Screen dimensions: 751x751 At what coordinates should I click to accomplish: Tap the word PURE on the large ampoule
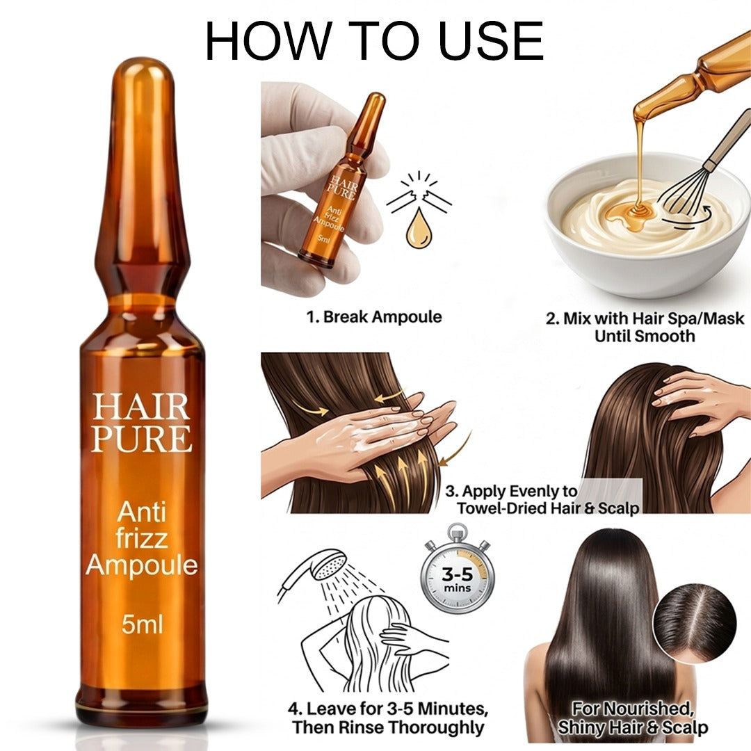click(141, 439)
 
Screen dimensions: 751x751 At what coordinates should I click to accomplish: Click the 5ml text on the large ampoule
click(142, 624)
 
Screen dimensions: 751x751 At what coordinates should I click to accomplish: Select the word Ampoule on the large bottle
click(142, 565)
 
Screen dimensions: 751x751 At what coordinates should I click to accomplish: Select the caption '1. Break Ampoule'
click(374, 317)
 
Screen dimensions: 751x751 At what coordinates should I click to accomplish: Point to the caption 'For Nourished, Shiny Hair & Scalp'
click(633, 718)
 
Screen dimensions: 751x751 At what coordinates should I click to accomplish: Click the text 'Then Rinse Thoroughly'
click(388, 728)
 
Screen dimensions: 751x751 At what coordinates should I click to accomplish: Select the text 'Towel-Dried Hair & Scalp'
click(547, 508)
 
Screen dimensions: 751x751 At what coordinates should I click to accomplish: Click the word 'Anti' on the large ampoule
click(141, 513)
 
